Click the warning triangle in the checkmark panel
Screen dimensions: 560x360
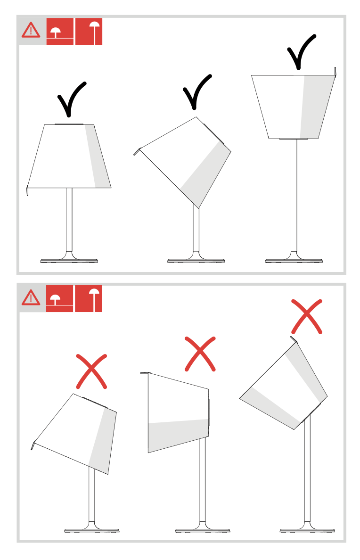[32, 31]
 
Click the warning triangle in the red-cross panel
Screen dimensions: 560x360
[32, 297]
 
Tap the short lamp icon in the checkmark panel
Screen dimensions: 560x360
[60, 32]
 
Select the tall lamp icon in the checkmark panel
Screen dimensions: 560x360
[89, 32]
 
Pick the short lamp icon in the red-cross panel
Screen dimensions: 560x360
[59, 298]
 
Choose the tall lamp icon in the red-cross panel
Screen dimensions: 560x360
[88, 298]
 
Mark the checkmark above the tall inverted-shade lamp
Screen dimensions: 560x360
[301, 51]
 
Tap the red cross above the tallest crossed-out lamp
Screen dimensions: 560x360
[307, 316]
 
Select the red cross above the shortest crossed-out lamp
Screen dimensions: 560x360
[92, 371]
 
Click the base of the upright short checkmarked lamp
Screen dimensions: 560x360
[69, 260]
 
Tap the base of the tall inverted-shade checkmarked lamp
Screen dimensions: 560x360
[294, 260]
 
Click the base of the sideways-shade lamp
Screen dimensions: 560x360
[203, 530]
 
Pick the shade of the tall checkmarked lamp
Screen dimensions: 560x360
[293, 107]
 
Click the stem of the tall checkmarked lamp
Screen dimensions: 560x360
[294, 198]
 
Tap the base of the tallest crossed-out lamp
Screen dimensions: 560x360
[307, 530]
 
